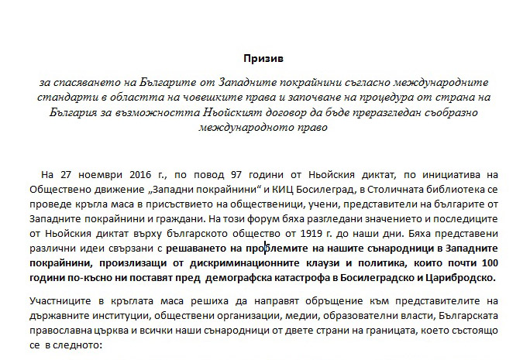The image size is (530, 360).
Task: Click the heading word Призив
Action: [264, 58]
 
